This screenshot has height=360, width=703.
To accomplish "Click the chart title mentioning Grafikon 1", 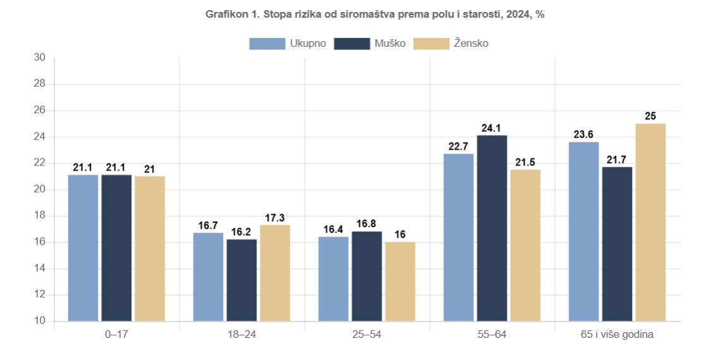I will pyautogui.click(x=375, y=15).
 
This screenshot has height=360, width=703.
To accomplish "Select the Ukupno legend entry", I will pyautogui.click(x=288, y=44).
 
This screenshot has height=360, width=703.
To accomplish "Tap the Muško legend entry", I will pyautogui.click(x=370, y=44).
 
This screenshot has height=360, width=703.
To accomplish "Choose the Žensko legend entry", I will pyautogui.click(x=451, y=44).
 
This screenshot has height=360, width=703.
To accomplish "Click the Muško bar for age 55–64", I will pyautogui.click(x=492, y=228).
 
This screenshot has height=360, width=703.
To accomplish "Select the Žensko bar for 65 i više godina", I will pyautogui.click(x=651, y=222).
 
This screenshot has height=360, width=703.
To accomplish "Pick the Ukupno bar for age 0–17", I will pyautogui.click(x=83, y=248).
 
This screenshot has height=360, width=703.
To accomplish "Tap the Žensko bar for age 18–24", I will pyautogui.click(x=275, y=273).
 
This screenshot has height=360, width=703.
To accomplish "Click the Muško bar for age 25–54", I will pyautogui.click(x=367, y=276).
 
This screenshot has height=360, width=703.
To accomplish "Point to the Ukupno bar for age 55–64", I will pyautogui.click(x=459, y=237).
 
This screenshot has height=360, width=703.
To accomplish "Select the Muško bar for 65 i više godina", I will pyautogui.click(x=617, y=244).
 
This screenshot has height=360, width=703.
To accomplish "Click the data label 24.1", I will pyautogui.click(x=492, y=128).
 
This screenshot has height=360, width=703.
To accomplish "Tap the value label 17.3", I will pyautogui.click(x=275, y=218).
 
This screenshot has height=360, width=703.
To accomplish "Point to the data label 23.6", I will pyautogui.click(x=584, y=135).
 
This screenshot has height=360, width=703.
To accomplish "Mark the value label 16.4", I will pyautogui.click(x=333, y=230).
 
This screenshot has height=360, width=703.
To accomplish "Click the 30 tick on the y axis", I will pyautogui.click(x=40, y=58).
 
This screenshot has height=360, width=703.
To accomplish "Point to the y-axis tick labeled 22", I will pyautogui.click(x=40, y=163).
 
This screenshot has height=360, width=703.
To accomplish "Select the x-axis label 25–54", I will pyautogui.click(x=367, y=334).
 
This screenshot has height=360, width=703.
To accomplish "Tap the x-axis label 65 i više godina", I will pyautogui.click(x=617, y=334).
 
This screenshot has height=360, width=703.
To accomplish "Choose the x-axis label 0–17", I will pyautogui.click(x=116, y=334).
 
